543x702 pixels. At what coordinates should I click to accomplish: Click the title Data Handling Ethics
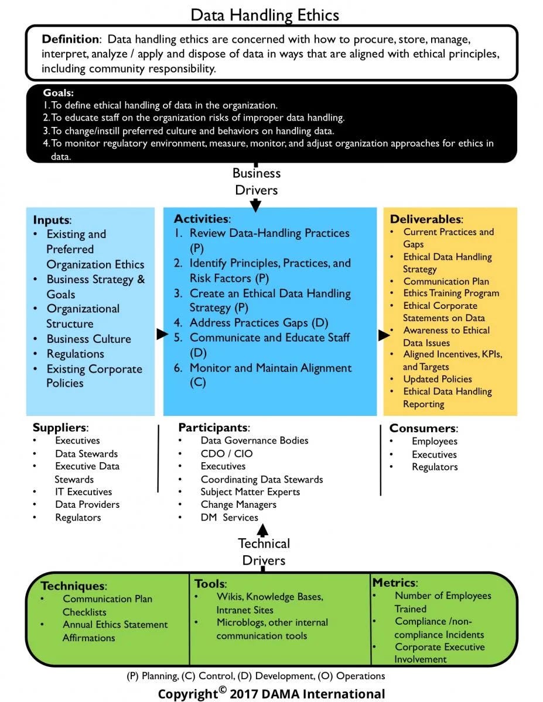coord(265,14)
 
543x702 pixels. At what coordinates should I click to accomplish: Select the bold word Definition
coord(70,40)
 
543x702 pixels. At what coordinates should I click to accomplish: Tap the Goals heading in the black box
coord(58,92)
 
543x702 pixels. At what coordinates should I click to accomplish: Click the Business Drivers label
coord(257,181)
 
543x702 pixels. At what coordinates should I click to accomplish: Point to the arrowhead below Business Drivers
coord(255,205)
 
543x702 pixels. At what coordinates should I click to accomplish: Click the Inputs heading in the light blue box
coord(52,220)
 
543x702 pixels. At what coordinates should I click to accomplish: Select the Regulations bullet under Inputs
coord(75,354)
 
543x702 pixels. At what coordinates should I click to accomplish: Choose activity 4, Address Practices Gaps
coord(259,322)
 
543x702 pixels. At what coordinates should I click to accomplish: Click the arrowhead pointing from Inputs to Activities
coord(162,334)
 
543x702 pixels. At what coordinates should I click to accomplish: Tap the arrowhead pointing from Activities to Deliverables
coord(384,335)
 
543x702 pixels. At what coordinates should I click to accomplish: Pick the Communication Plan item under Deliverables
coord(446,281)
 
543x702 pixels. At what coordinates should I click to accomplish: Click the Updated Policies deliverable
coord(437,379)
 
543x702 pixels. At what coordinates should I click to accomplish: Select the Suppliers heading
coord(60,428)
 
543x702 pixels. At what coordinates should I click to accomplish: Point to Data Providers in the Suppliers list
coord(87,504)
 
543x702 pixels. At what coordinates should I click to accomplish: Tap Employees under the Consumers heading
coord(434,441)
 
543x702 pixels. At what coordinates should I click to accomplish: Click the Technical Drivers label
coord(264,552)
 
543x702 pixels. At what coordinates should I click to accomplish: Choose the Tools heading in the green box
coord(210,583)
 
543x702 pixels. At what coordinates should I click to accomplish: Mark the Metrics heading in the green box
coord(394,583)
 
